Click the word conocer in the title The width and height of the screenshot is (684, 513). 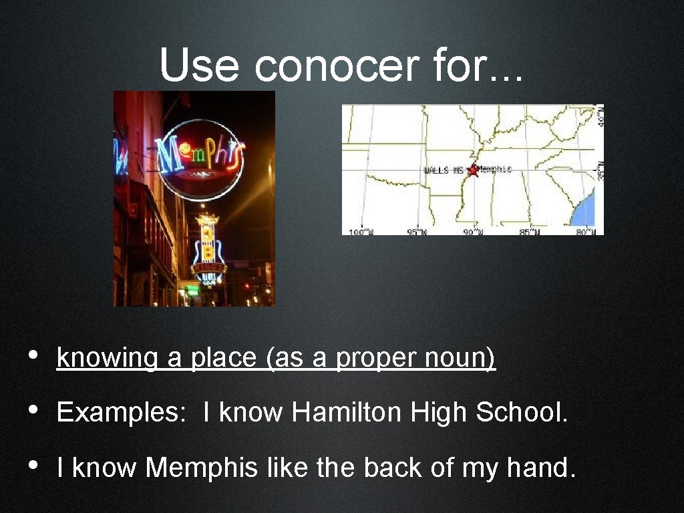(x=329, y=66)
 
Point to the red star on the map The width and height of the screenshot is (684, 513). (x=474, y=170)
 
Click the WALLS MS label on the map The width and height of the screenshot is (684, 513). (x=444, y=171)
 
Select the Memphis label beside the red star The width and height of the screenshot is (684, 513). (x=494, y=169)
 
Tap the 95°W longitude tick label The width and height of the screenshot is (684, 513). (x=417, y=232)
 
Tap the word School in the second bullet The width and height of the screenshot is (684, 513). (x=521, y=413)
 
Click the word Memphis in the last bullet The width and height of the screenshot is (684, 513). (x=201, y=468)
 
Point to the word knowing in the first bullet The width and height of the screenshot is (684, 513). (x=108, y=359)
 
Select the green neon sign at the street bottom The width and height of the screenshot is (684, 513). (x=192, y=289)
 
